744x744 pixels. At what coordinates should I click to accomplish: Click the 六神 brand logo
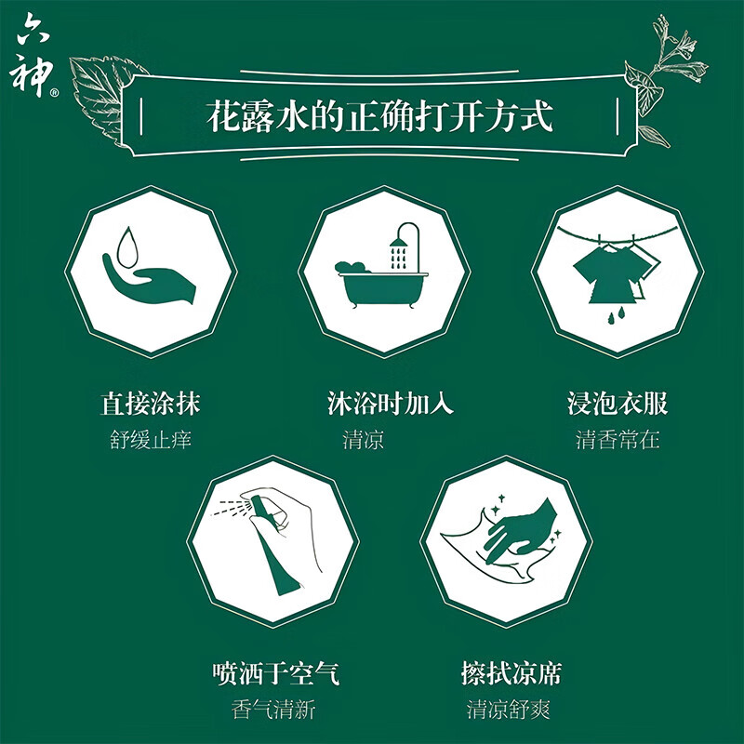pos(38,57)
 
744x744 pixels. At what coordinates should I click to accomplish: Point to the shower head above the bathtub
pos(399,245)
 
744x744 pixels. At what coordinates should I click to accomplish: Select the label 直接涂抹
pos(151,404)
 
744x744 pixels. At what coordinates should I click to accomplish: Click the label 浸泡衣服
pos(618,404)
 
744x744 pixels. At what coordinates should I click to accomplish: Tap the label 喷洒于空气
pos(273,672)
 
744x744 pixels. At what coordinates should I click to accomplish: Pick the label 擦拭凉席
pos(511,672)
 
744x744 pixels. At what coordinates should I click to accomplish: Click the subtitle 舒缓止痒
pos(151,440)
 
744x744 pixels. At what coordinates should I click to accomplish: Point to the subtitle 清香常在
pos(618,440)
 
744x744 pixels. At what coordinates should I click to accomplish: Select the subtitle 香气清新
pos(273,710)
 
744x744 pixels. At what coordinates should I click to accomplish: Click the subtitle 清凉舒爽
pos(510,710)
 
